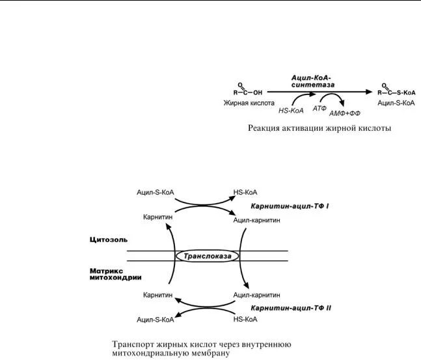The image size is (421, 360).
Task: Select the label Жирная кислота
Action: [249, 103]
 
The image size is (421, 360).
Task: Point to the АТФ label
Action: [319, 108]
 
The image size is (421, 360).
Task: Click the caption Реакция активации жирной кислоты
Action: [319, 128]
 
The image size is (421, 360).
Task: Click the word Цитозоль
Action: [107, 240]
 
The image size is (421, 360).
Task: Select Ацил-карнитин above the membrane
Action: [256, 220]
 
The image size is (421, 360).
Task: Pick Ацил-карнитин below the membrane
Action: [256, 295]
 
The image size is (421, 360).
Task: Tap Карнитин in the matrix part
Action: [157, 295]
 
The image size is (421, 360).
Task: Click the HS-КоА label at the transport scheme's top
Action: [245, 193]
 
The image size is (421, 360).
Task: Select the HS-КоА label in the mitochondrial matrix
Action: [245, 319]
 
